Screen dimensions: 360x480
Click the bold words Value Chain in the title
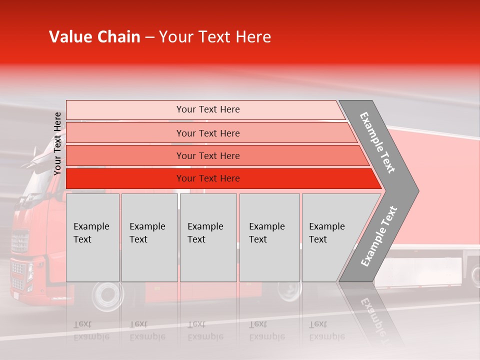point(94,37)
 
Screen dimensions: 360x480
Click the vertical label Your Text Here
point(57,143)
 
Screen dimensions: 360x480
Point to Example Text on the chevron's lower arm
point(378,236)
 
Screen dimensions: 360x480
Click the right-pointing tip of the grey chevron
point(415,190)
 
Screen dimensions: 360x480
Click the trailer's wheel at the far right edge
point(474,275)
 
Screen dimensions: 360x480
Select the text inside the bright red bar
point(208,178)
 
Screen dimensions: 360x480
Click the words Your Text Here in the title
point(215,37)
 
